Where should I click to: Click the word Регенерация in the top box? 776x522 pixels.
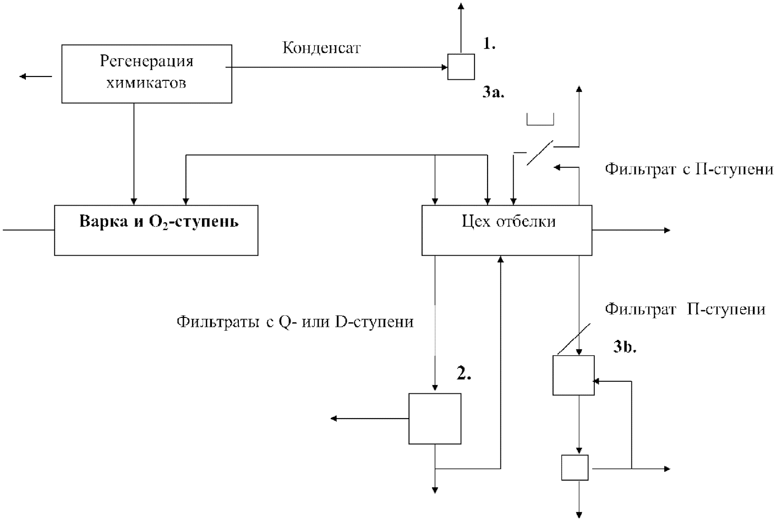tap(146, 61)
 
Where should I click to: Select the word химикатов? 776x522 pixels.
tap(146, 83)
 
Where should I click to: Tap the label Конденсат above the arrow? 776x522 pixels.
tap(321, 48)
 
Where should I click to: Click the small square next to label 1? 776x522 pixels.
tap(461, 67)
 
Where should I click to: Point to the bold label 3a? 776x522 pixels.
tap(493, 92)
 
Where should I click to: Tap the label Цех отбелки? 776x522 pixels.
tap(509, 222)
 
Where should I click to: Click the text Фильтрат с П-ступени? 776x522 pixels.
tap(690, 169)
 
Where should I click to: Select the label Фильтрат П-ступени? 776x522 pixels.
tap(685, 309)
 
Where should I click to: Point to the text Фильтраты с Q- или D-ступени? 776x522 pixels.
tap(295, 322)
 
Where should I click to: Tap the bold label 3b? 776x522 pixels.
tap(625, 347)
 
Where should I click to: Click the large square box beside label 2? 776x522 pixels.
tap(435, 419)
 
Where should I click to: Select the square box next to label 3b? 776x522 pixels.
tap(573, 375)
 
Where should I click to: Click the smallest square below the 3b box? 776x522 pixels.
tap(575, 468)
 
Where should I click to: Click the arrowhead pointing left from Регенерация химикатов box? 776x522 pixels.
tap(23, 76)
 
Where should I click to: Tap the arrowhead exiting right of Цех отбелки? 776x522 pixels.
tap(667, 230)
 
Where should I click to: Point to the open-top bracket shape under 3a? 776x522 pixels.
tap(540, 125)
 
